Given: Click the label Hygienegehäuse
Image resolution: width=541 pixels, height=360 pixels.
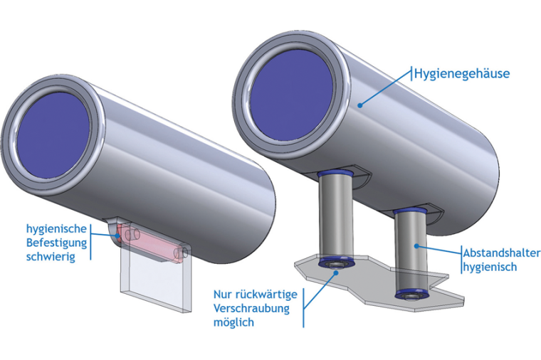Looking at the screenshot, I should pyautogui.click(x=462, y=73).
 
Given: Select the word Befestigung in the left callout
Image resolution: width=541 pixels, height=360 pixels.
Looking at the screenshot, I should pyautogui.click(x=56, y=243).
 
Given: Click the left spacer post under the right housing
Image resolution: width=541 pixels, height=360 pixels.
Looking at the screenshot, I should pyautogui.click(x=336, y=218).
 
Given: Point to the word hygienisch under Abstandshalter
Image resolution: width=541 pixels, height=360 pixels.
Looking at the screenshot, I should pyautogui.click(x=490, y=268).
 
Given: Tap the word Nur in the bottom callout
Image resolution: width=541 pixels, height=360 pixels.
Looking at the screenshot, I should pyautogui.click(x=224, y=294).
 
